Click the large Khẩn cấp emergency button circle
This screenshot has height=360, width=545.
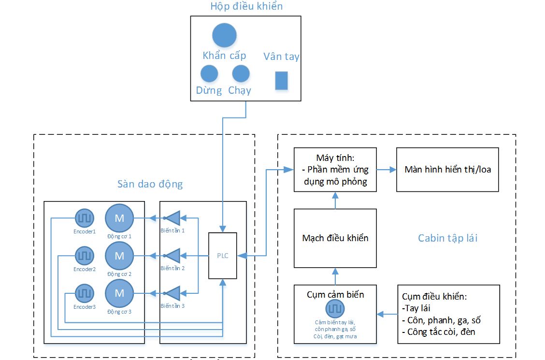[224, 35]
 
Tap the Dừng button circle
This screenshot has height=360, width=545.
[209, 73]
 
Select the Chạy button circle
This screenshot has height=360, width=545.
[241, 73]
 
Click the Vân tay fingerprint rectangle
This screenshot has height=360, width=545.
[281, 80]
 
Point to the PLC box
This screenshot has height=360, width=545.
[222, 256]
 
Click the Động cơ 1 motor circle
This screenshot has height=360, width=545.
[119, 218]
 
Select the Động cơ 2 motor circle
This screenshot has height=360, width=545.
[119, 256]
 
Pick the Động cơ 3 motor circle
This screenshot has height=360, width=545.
[119, 293]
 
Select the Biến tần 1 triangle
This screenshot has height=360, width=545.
[172, 218]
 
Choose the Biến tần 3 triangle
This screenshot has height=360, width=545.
[172, 293]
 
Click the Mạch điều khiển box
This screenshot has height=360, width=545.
[335, 238]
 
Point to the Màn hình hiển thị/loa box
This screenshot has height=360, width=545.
[447, 170]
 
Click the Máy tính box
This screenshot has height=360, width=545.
[335, 170]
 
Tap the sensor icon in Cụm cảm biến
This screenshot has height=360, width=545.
[335, 308]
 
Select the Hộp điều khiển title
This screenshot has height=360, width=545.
[246, 7]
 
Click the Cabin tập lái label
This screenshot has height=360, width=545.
[447, 238]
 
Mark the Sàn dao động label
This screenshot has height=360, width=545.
[150, 184]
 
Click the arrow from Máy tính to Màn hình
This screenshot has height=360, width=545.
[387, 170]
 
